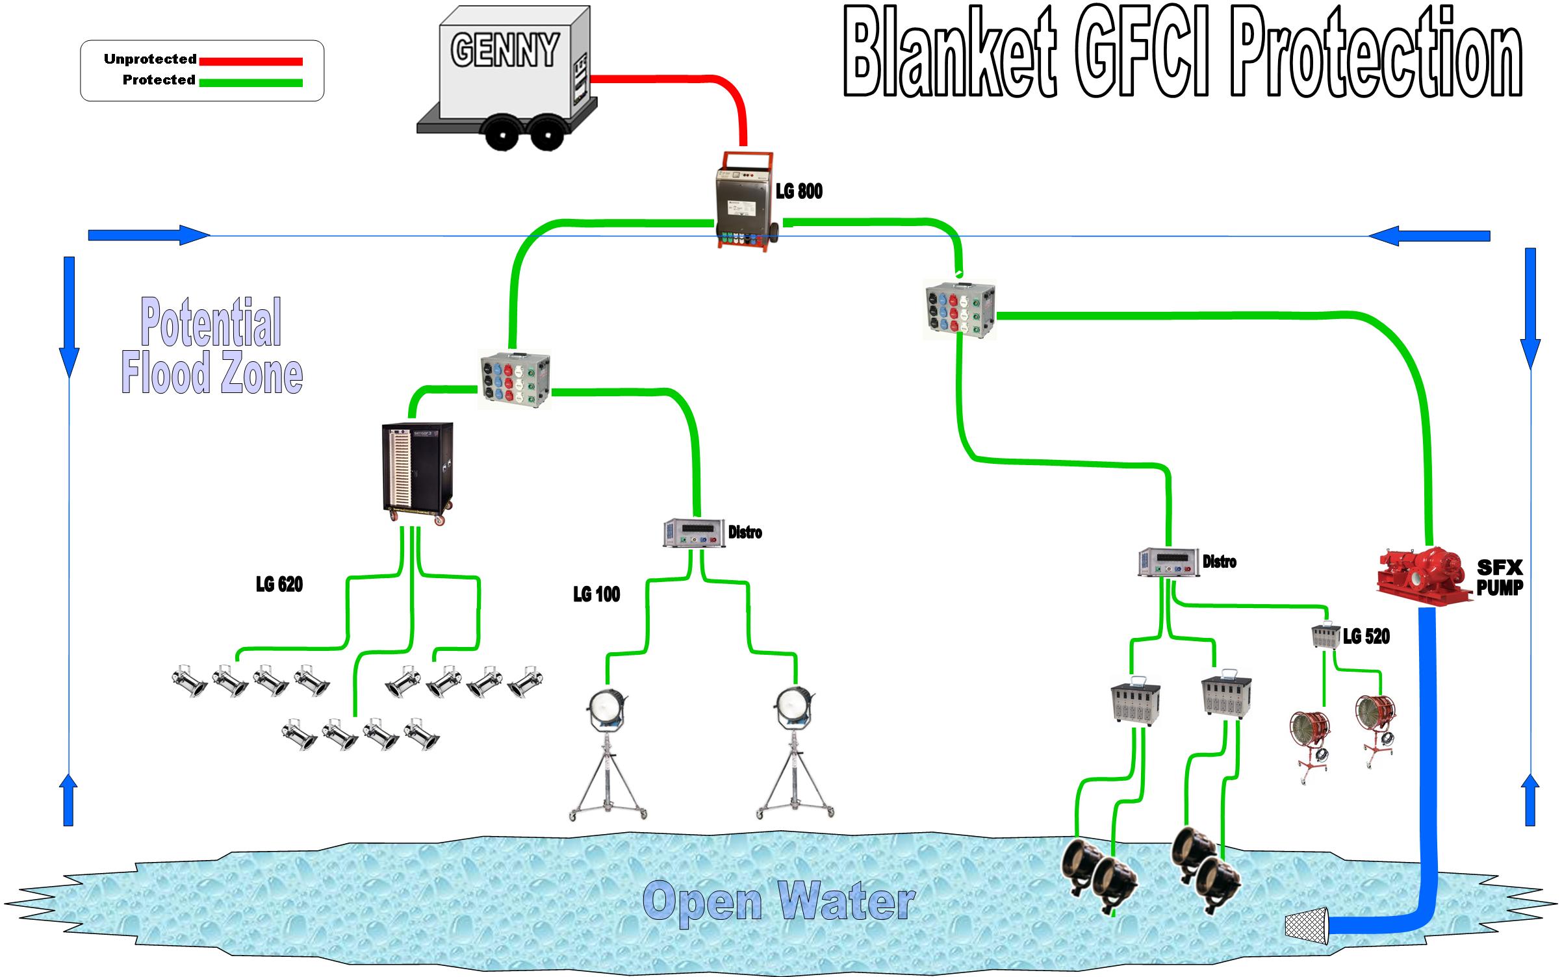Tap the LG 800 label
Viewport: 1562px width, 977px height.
pyautogui.click(x=799, y=192)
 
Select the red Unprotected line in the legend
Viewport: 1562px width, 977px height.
pyautogui.click(x=251, y=62)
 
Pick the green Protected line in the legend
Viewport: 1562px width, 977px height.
pyautogui.click(x=251, y=82)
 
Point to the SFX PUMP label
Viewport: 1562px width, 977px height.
pyautogui.click(x=1499, y=577)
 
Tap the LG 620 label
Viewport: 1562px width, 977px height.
pyautogui.click(x=279, y=585)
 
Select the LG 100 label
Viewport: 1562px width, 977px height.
pyautogui.click(x=596, y=594)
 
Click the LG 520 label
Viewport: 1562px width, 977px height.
pyautogui.click(x=1366, y=637)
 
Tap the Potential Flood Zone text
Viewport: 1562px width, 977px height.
pyautogui.click(x=212, y=348)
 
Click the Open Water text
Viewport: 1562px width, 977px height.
pyautogui.click(x=780, y=902)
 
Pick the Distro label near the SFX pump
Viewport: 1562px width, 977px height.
pyautogui.click(x=1219, y=562)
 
